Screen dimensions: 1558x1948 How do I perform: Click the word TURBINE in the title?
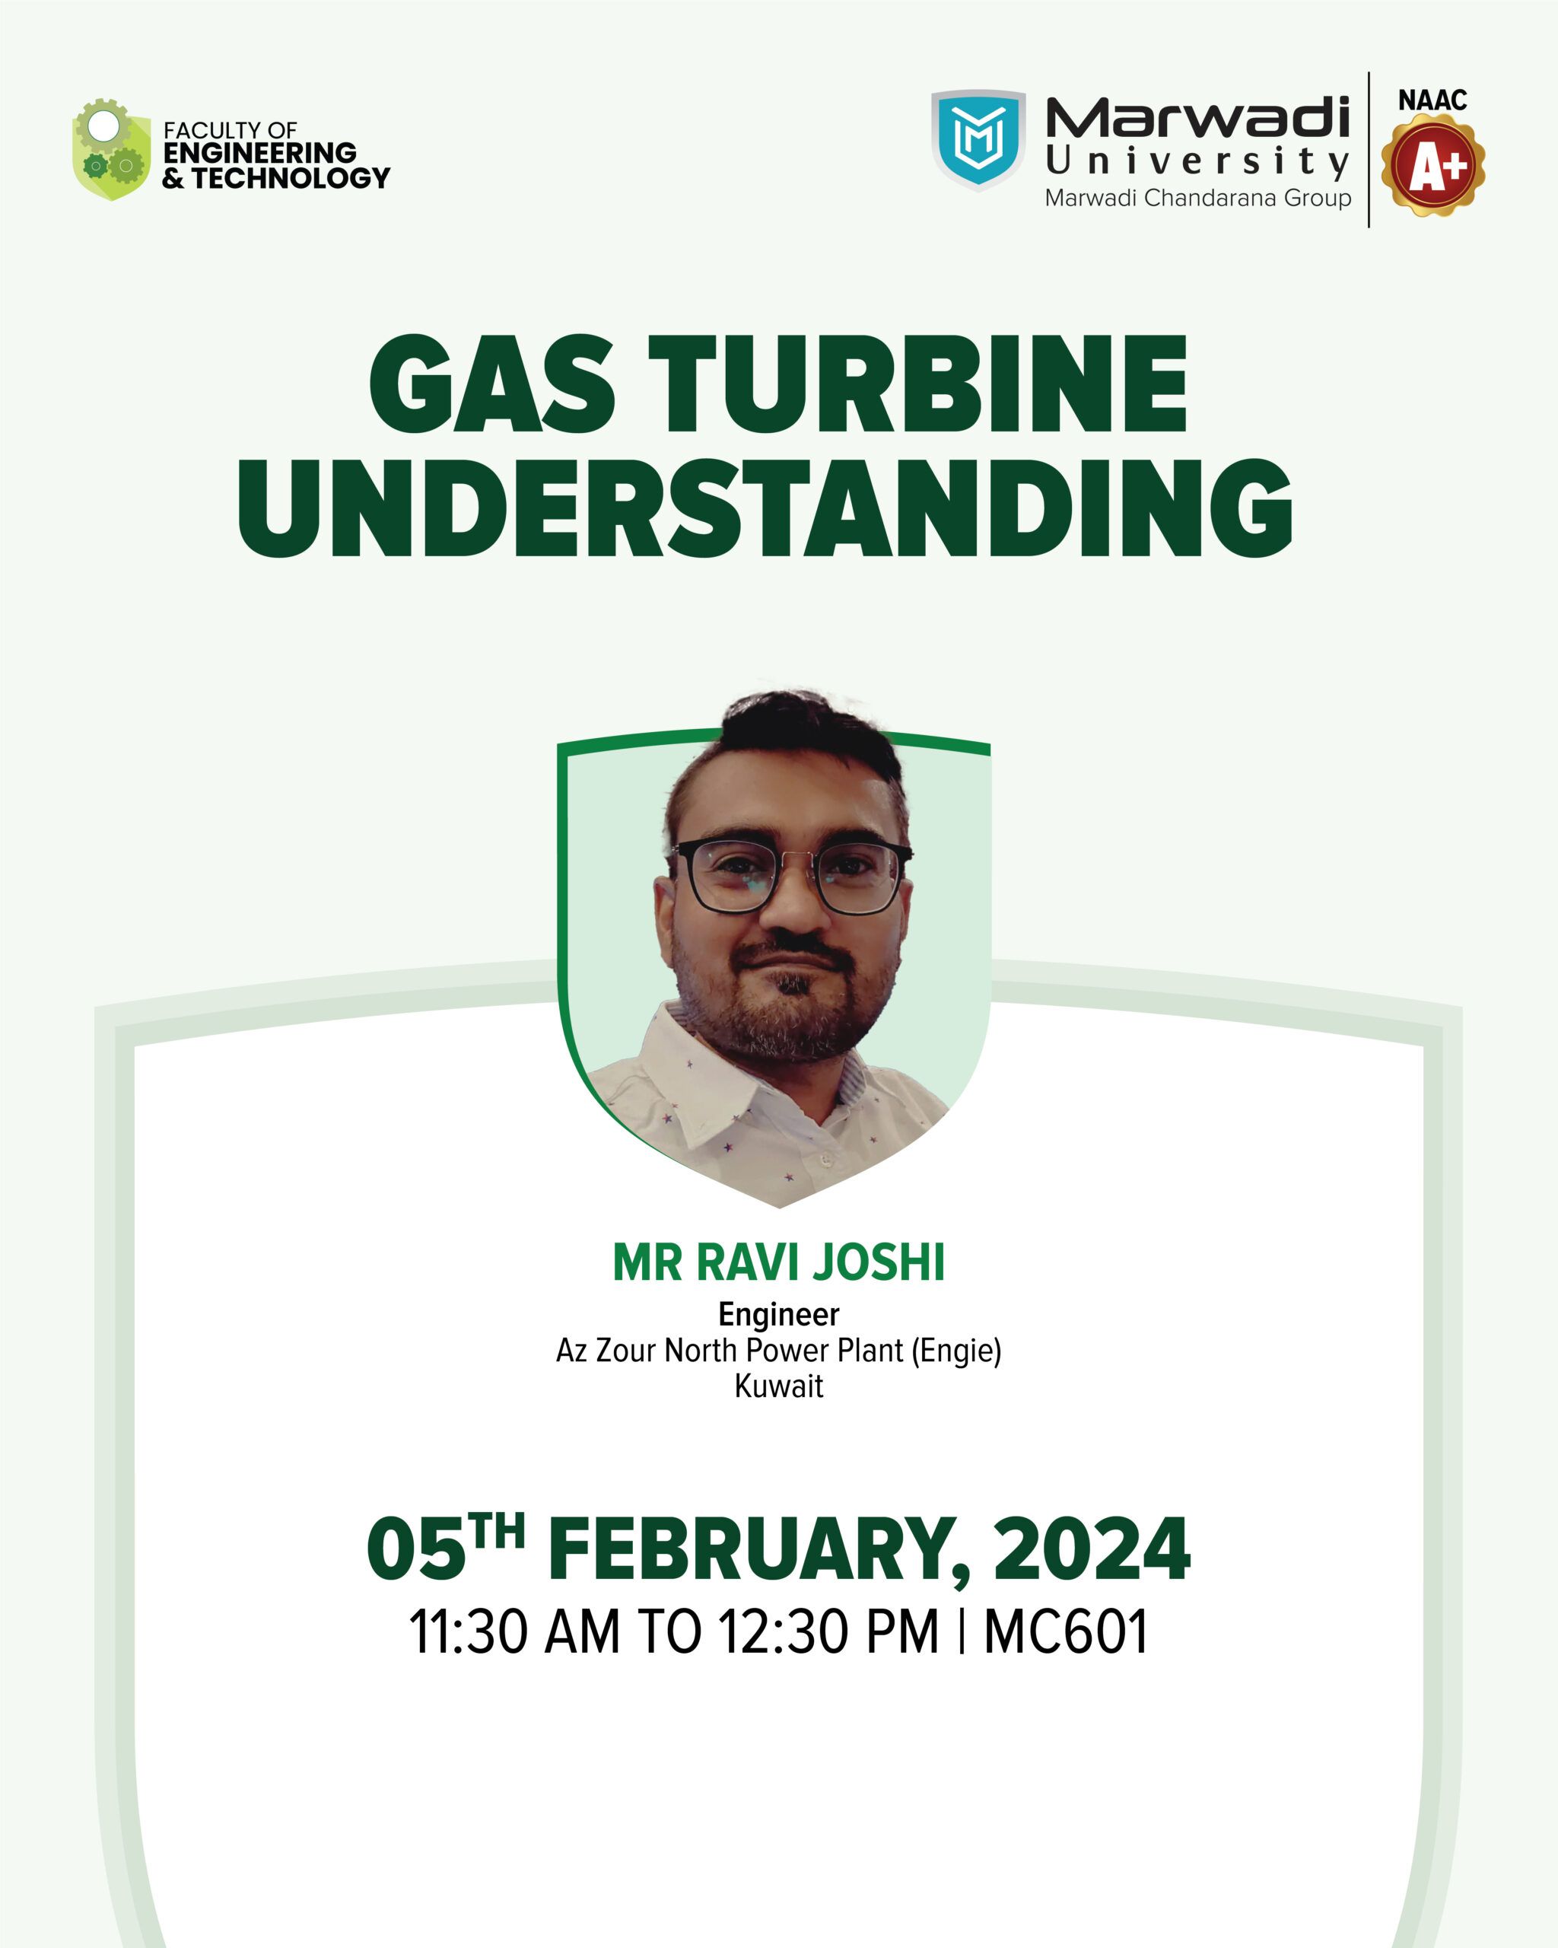tap(917, 384)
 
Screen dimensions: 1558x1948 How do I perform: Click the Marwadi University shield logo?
tap(978, 140)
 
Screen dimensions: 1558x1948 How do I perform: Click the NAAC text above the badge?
tap(1432, 100)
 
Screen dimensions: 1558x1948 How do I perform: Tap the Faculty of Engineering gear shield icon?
tap(111, 149)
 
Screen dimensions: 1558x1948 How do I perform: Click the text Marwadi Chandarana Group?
tap(1197, 198)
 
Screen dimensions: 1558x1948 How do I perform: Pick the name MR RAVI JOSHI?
tap(778, 1262)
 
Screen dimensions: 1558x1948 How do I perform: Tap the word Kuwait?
tap(778, 1386)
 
